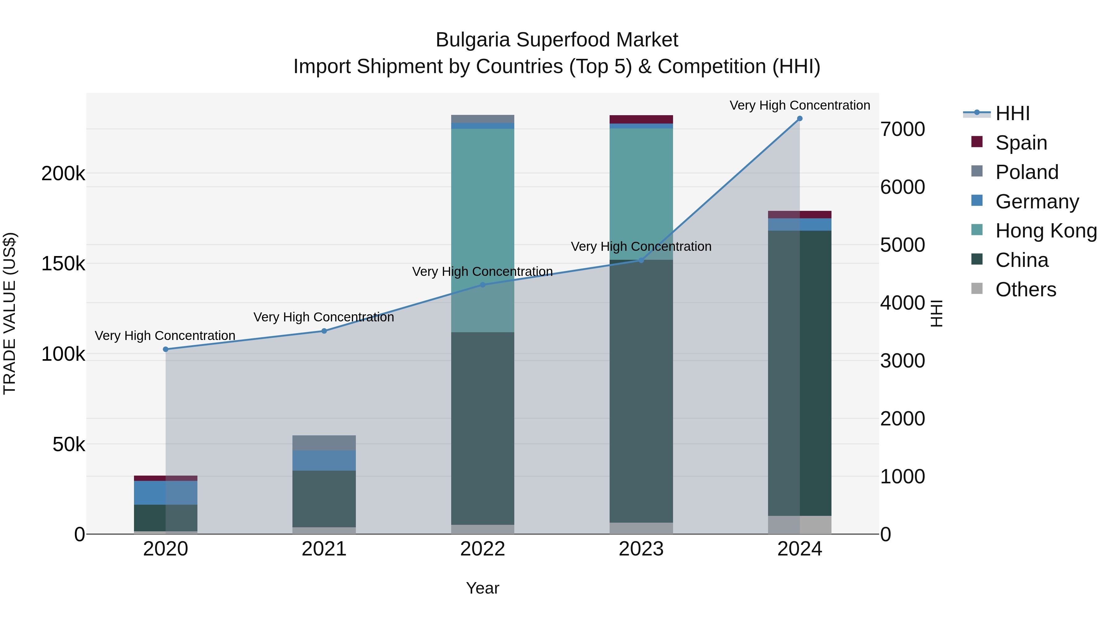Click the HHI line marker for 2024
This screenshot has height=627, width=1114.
799,119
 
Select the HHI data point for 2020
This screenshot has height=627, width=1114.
166,349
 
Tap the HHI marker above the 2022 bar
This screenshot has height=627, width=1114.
483,285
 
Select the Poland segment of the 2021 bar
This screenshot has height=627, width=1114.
324,443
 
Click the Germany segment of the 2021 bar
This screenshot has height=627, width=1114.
324,460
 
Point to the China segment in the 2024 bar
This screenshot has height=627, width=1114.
799,372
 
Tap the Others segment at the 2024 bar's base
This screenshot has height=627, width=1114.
799,525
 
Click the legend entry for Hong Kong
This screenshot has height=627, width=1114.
1046,231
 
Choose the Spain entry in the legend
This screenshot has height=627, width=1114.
1021,142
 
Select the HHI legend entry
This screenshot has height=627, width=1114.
1012,113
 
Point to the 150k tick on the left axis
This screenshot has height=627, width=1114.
63,263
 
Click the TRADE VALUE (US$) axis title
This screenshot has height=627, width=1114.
10,313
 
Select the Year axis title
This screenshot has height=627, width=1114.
483,588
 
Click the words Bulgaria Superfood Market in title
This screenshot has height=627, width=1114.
557,40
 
